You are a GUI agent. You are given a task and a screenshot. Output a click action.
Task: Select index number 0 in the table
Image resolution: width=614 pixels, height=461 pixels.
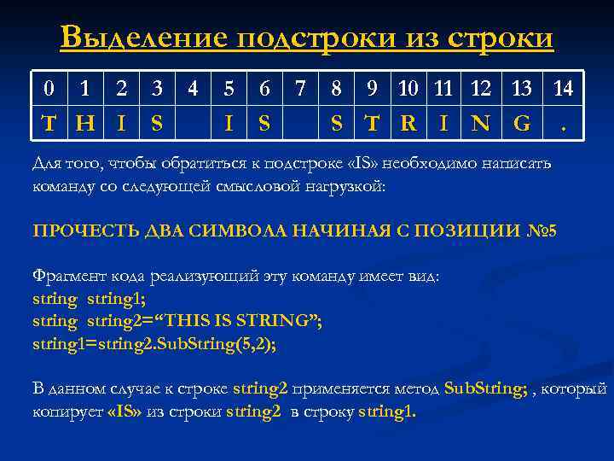(50, 88)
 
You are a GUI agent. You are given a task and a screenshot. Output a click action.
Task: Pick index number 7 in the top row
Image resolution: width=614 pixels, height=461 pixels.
(299, 88)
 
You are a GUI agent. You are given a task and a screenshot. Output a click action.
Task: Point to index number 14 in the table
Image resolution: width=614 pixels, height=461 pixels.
(563, 88)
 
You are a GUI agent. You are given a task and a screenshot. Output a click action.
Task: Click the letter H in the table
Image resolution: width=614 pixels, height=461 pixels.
(84, 123)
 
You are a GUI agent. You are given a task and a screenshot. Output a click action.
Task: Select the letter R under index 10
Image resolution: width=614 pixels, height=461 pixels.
(408, 123)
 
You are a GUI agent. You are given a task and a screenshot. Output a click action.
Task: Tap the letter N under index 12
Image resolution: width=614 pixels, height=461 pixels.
(481, 123)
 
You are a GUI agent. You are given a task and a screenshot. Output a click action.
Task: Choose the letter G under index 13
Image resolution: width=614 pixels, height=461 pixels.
(521, 123)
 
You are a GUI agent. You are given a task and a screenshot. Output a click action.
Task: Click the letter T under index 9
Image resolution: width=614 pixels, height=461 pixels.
(372, 123)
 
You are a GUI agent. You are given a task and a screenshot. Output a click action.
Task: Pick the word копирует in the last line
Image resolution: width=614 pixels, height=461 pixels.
(67, 411)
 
